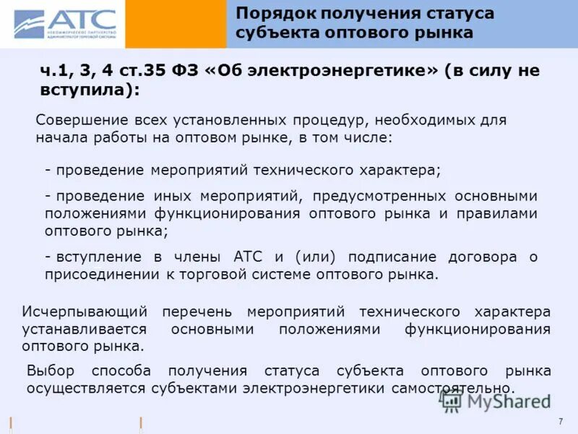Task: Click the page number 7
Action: coord(561,422)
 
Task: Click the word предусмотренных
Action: coord(374,196)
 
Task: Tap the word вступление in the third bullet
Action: coord(97,257)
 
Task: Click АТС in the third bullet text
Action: coord(249,257)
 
